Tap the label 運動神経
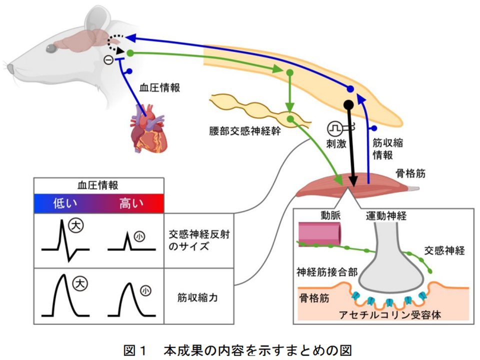click(386, 216)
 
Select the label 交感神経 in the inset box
click(444, 250)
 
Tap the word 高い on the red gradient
click(131, 203)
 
